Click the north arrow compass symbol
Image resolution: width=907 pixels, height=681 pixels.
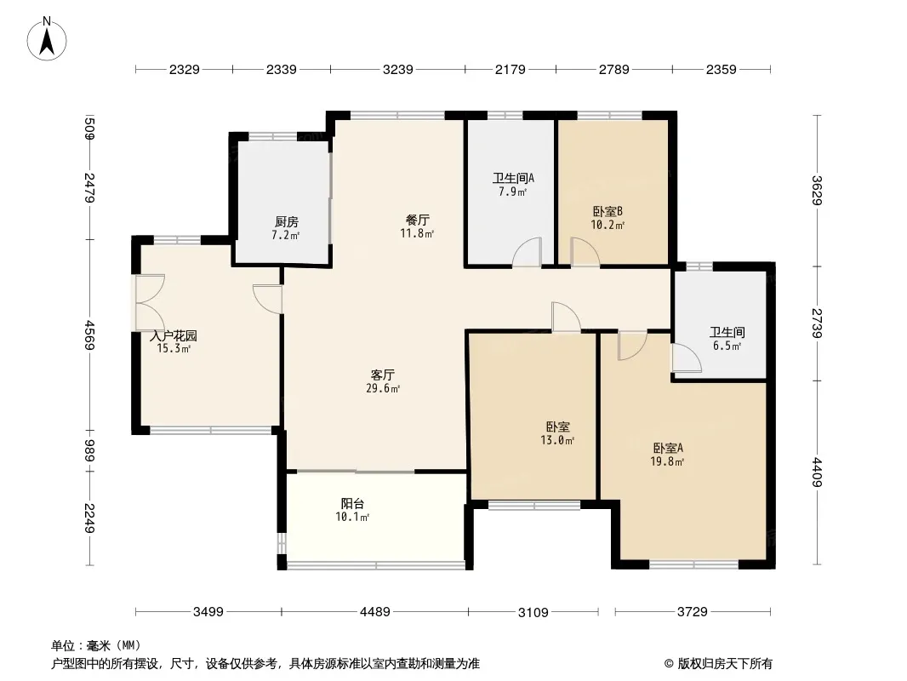(x=47, y=39)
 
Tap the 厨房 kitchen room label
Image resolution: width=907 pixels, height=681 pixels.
(x=287, y=221)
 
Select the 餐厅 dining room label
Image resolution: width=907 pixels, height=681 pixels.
(x=417, y=220)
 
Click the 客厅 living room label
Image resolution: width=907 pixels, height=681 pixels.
(x=383, y=375)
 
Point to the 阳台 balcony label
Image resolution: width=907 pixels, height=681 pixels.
(x=352, y=503)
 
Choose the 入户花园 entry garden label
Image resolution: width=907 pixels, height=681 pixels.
(x=174, y=335)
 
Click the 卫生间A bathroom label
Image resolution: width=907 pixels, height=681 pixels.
(x=513, y=178)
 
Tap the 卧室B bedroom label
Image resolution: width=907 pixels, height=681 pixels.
(x=608, y=211)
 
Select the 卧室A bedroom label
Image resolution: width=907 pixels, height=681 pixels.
(x=668, y=448)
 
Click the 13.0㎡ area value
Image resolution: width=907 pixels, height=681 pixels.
(x=557, y=440)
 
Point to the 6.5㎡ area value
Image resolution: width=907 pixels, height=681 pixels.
(x=727, y=346)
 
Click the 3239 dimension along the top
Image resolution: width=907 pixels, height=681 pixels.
(x=398, y=70)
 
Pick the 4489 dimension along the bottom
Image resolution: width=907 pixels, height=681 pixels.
(x=375, y=611)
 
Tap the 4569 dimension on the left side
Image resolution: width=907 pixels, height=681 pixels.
(x=89, y=335)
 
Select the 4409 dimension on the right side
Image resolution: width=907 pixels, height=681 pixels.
(x=817, y=472)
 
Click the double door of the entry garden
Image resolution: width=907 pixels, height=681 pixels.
(x=150, y=302)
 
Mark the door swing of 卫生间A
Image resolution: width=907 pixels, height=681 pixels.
(x=527, y=252)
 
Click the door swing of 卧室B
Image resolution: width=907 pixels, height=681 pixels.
(x=585, y=252)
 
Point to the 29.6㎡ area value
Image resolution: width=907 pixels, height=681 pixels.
(x=383, y=389)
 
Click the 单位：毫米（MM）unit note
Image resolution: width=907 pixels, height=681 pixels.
(x=96, y=646)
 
